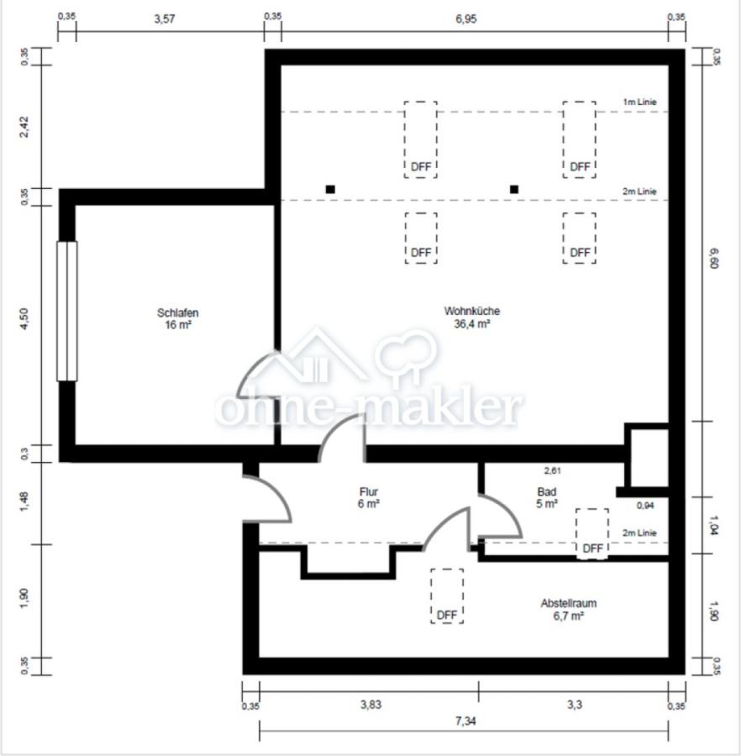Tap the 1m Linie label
tap(639, 102)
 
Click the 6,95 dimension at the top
tap(465, 18)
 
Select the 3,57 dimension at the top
tap(165, 18)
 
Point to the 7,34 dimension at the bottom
tap(465, 721)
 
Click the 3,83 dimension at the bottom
tap(370, 705)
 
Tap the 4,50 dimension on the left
tap(24, 318)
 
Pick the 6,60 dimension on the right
tap(713, 258)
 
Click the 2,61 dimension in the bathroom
tap(552, 470)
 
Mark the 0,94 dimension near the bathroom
tap(645, 506)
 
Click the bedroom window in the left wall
tap(67, 311)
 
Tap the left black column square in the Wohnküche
tap(330, 190)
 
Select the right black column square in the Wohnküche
tap(514, 190)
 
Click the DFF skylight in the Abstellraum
tap(447, 596)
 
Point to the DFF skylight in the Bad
tap(592, 533)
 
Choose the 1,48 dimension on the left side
tap(24, 501)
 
